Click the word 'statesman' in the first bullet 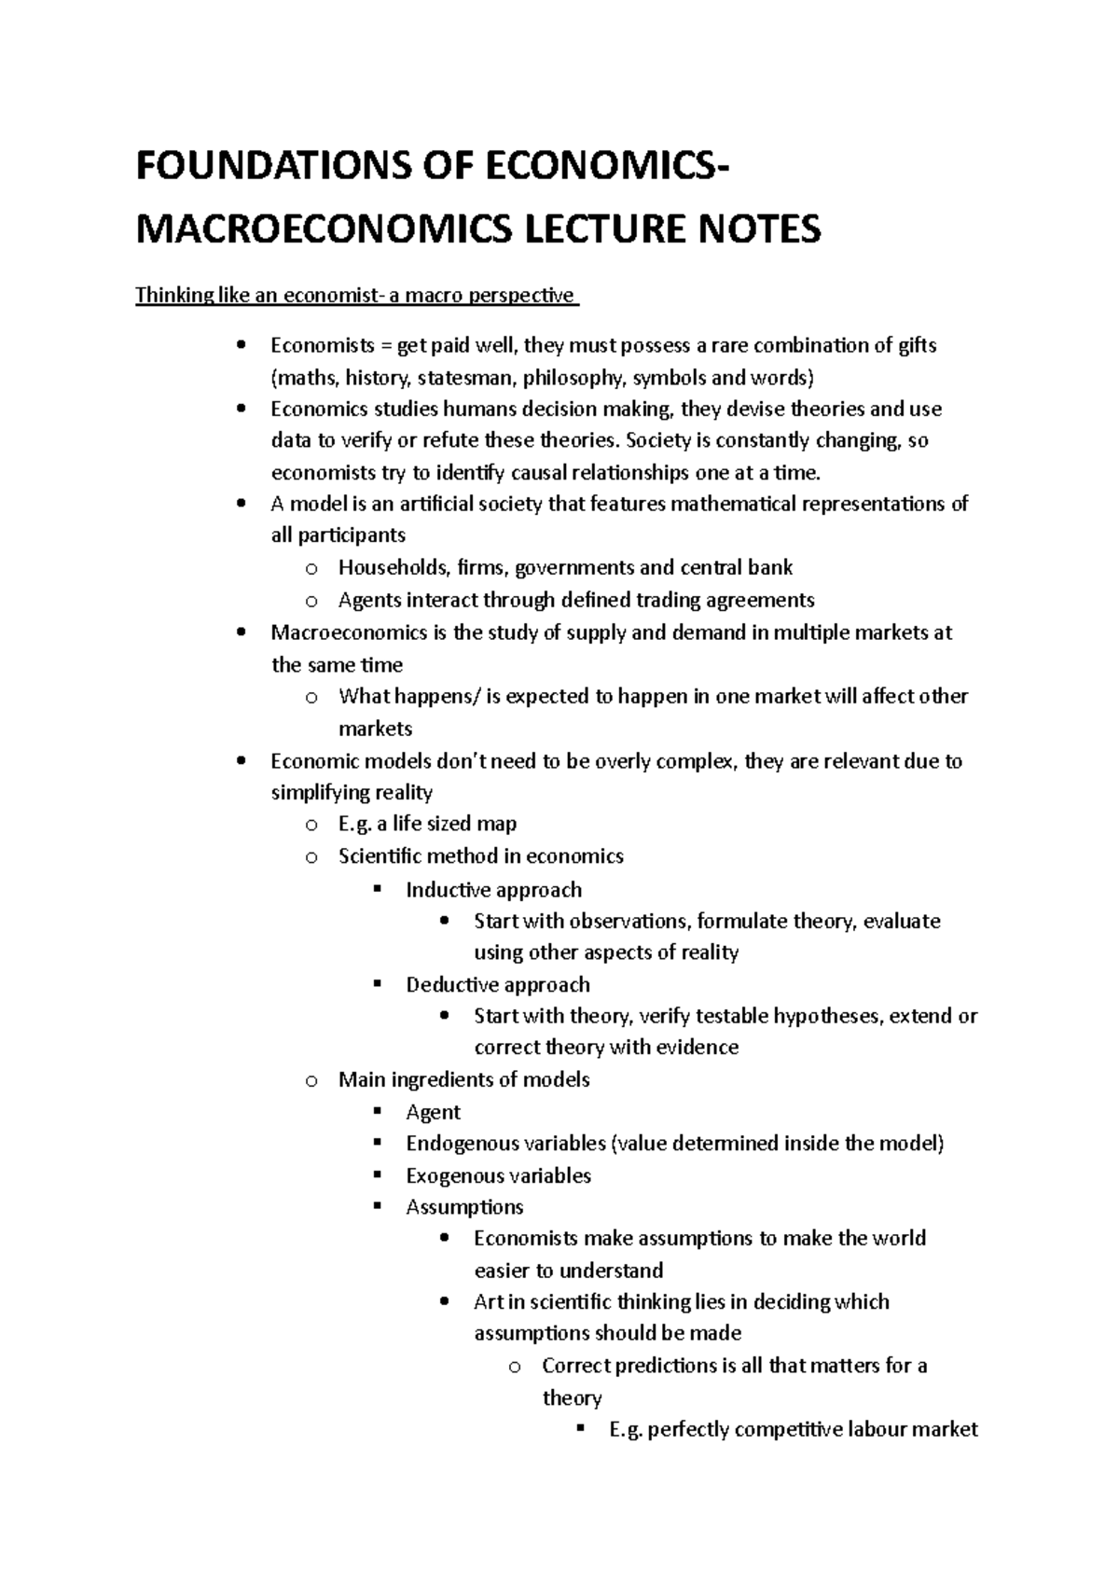[x=465, y=378]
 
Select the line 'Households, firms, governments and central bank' [x=565, y=567]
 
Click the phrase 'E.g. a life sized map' [x=427, y=824]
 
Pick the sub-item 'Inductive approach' [x=493, y=890]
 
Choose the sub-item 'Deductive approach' [x=497, y=985]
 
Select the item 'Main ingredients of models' [x=463, y=1080]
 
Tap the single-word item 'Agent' [x=433, y=1112]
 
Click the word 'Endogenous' [x=462, y=1144]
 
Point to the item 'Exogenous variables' [x=498, y=1175]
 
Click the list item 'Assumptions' [x=464, y=1207]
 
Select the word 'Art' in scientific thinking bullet [x=489, y=1302]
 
